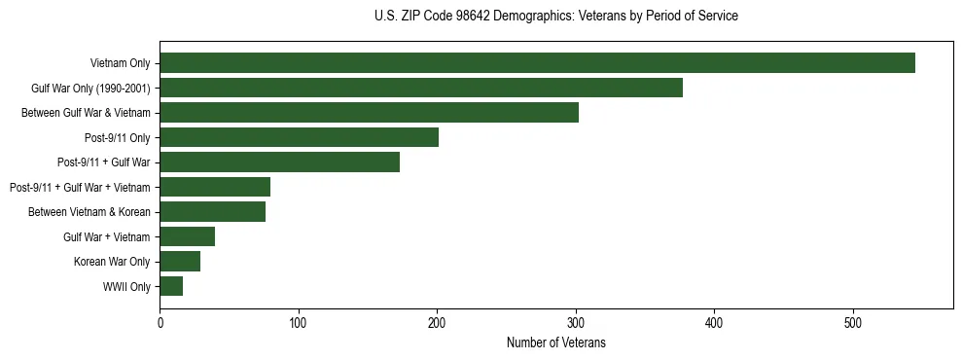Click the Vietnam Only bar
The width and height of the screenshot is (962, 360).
coord(537,63)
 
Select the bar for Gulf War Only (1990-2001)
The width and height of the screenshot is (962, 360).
coord(421,89)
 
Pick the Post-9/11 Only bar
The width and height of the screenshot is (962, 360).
coord(299,137)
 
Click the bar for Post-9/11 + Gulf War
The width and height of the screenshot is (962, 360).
coord(279,162)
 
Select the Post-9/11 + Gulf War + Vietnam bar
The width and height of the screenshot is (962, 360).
coord(215,187)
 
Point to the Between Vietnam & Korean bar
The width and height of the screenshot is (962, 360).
coord(212,212)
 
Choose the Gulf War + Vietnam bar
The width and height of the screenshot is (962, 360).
coord(187,236)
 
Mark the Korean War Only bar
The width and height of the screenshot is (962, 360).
coord(180,262)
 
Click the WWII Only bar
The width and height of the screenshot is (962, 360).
coord(171,286)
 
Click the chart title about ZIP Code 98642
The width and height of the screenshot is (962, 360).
coord(555,17)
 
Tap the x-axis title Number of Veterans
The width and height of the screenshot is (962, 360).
coord(555,342)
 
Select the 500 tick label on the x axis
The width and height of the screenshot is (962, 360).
coord(853,324)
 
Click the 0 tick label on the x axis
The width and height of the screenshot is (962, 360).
coord(160,324)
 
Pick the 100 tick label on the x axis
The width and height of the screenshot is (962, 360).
coord(299,324)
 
